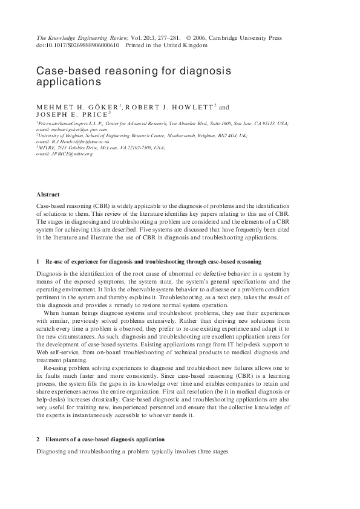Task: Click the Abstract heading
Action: pos(48,195)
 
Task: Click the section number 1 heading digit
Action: pos(38,262)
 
